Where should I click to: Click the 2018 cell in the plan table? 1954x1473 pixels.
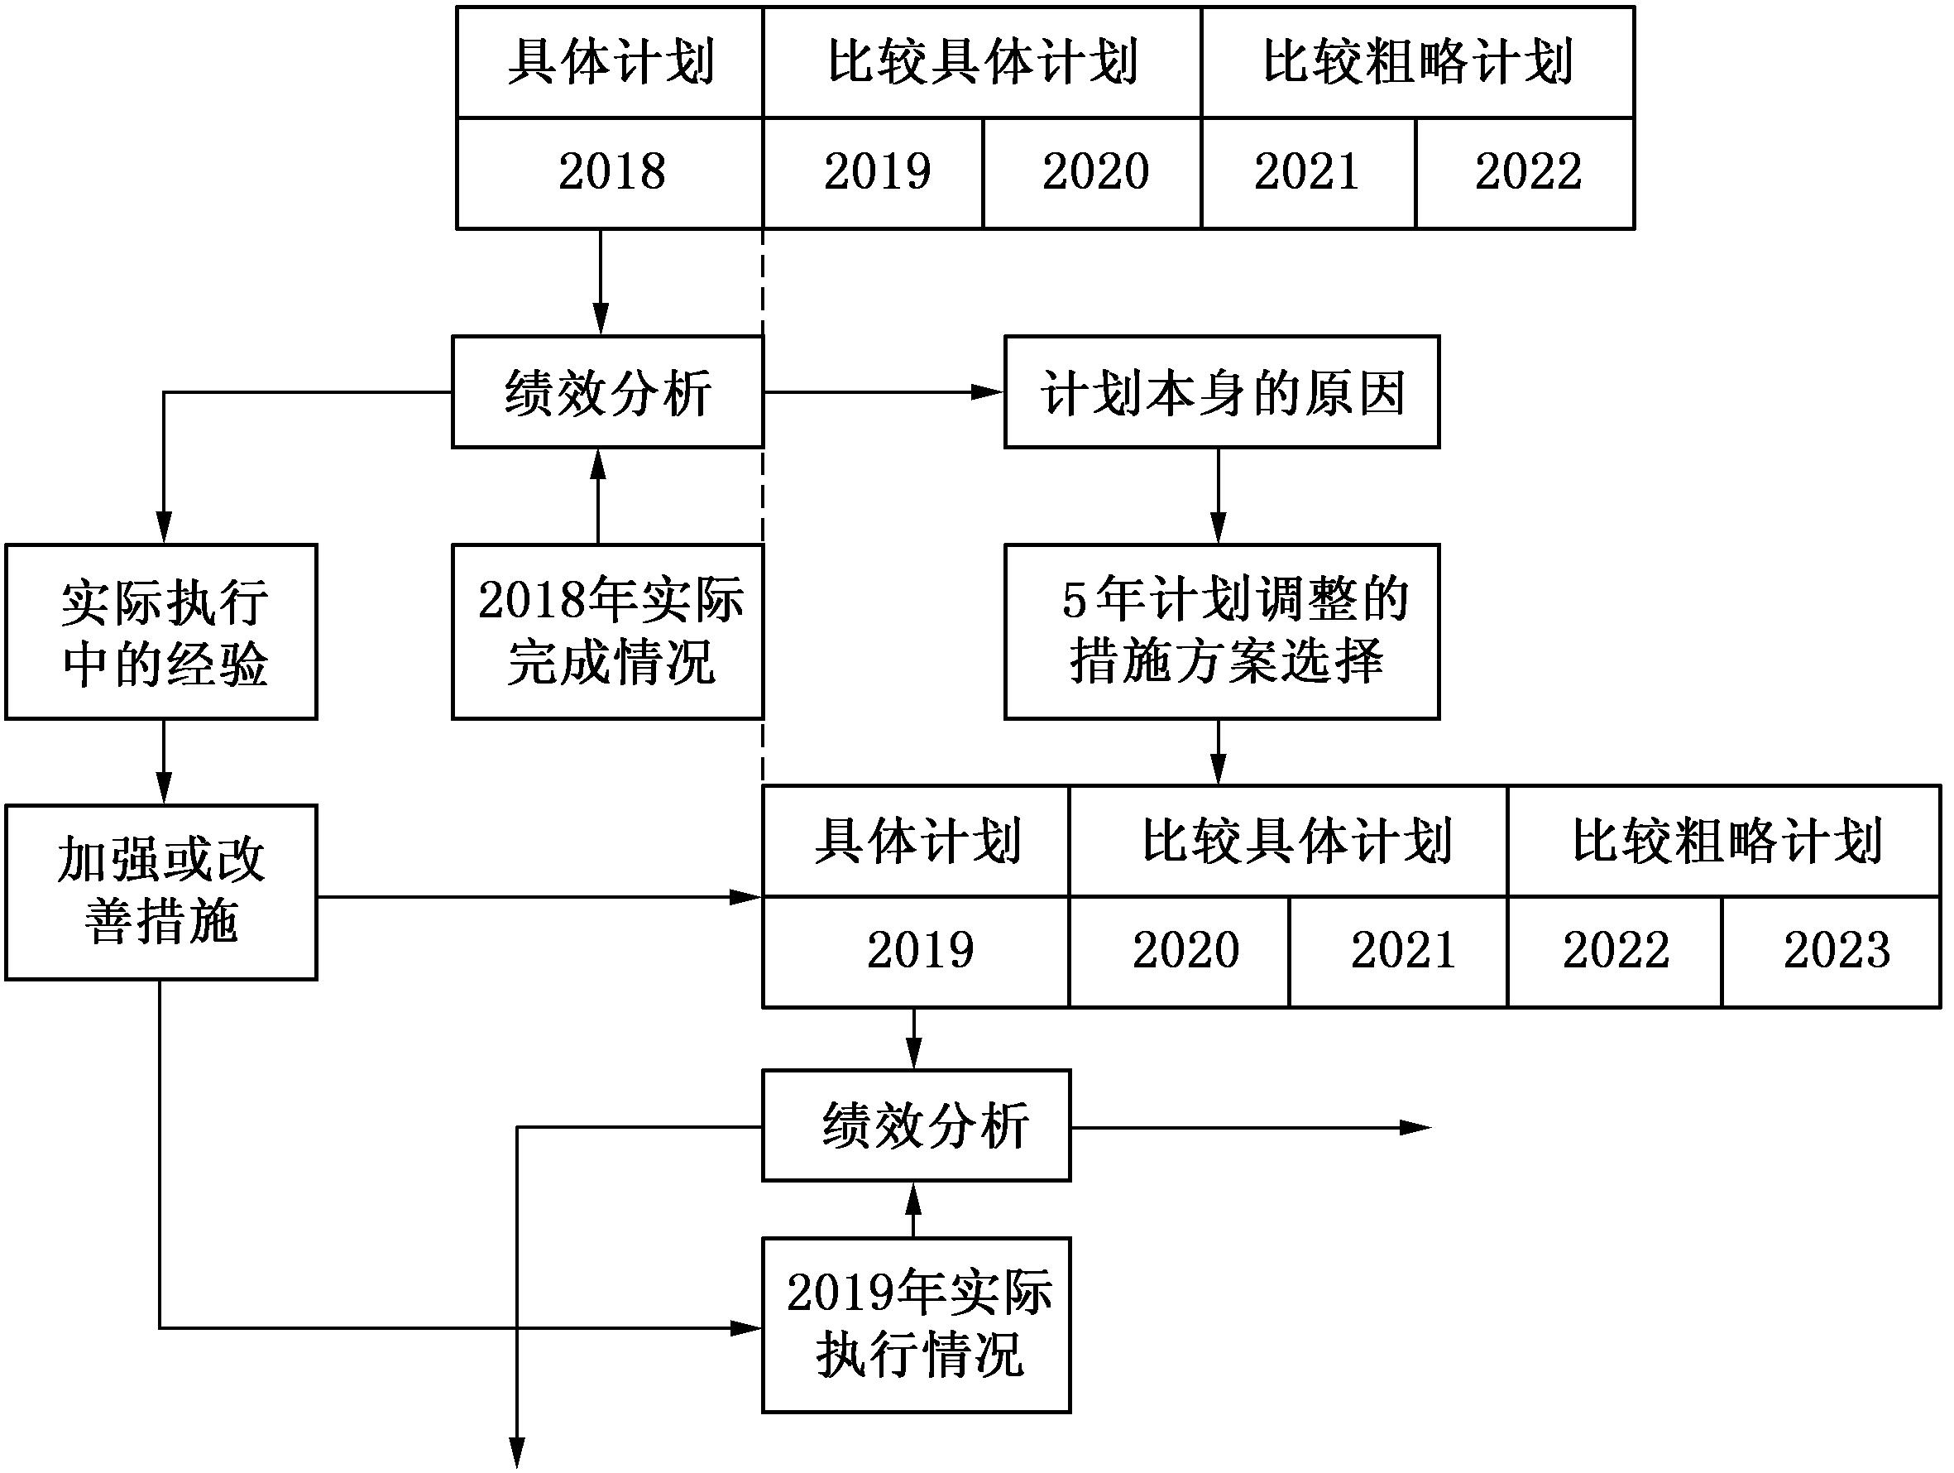[x=610, y=172]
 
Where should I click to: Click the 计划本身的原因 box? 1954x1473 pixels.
[x=1222, y=391]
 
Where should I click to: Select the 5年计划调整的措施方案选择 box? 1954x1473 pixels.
[x=1222, y=631]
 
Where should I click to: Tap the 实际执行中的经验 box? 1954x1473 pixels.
[x=161, y=631]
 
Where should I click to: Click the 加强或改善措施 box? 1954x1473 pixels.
[x=161, y=891]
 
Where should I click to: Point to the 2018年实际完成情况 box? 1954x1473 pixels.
[x=608, y=631]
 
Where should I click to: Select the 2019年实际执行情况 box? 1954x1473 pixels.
[x=916, y=1324]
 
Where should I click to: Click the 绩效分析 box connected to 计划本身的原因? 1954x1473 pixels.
[x=608, y=391]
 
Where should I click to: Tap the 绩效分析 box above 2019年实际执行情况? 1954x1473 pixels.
[x=916, y=1125]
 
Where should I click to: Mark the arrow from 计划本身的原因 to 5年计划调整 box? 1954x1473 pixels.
[x=1219, y=495]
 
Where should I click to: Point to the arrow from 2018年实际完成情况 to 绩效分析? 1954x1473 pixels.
[x=598, y=495]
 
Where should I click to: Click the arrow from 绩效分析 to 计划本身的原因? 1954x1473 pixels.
[x=884, y=391]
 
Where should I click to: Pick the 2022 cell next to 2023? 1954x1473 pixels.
[x=1615, y=951]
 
